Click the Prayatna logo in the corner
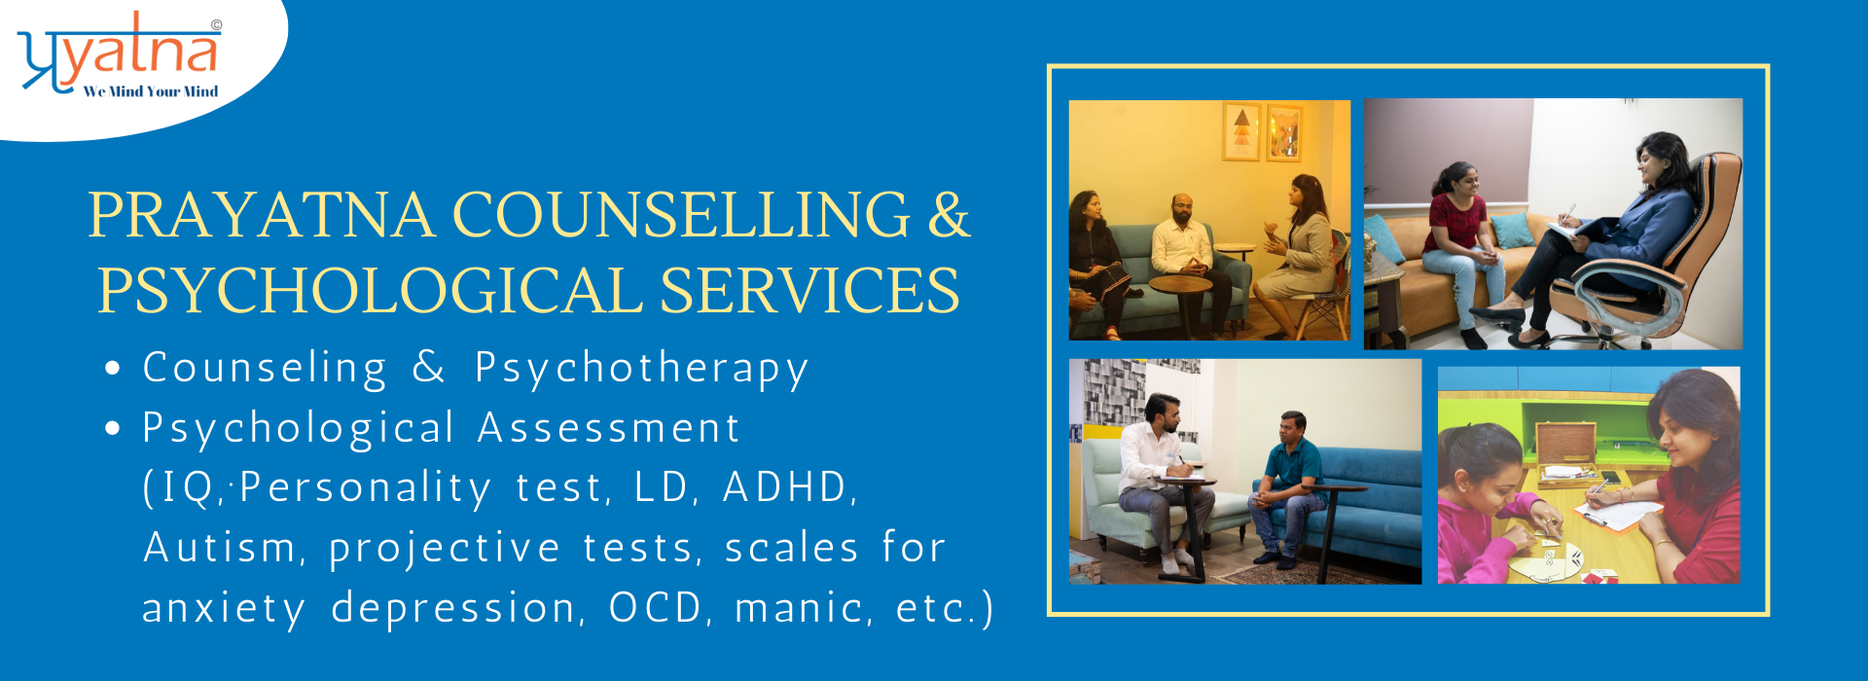pos(120,54)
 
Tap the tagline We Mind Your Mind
pos(151,91)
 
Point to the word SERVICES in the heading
pos(809,290)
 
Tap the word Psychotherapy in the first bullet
pos(641,370)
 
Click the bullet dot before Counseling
pos(114,369)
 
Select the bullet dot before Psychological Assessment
pos(114,428)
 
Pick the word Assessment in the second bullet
pos(609,428)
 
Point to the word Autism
pos(220,547)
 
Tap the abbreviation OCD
pos(656,608)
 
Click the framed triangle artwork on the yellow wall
pos(1241,131)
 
